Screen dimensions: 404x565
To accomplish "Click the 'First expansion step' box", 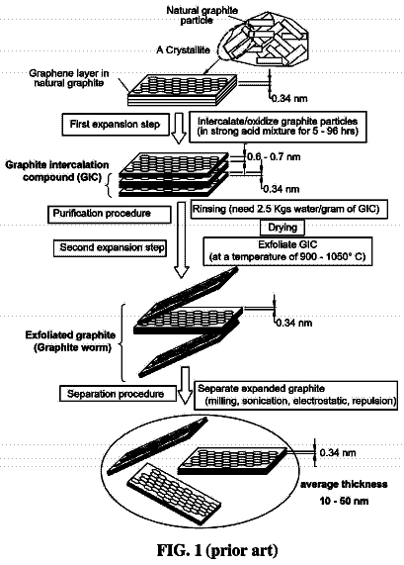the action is (116, 125).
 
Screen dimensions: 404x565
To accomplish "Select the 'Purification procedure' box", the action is (110, 214).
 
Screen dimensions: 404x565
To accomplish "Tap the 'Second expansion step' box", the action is (110, 248).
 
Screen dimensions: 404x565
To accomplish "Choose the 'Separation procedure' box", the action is (118, 394).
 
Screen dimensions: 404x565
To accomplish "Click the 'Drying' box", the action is (283, 228).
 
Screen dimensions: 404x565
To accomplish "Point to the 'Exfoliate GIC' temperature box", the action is (287, 251).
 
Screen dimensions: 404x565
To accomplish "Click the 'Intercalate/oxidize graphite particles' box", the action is (279, 127).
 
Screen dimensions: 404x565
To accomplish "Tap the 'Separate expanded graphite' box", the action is (295, 395).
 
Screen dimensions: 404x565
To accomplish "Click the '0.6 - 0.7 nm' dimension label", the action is (274, 157).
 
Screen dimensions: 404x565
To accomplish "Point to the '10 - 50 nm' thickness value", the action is (344, 501).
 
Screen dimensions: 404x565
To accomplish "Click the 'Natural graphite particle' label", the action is (202, 15).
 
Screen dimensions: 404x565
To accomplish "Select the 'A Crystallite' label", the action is (183, 50).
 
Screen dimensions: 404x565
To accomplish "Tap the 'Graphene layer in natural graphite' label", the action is (69, 78).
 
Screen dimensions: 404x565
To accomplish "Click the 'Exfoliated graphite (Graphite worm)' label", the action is (70, 341).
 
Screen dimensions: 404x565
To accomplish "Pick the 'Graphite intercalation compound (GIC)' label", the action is (57, 171).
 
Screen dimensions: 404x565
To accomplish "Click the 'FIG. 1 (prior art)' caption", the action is (217, 550).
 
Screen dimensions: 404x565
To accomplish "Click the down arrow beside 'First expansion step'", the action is (179, 129).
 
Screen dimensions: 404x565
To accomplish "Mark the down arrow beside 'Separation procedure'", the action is (186, 385).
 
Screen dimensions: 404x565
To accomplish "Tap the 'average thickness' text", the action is (344, 484).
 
